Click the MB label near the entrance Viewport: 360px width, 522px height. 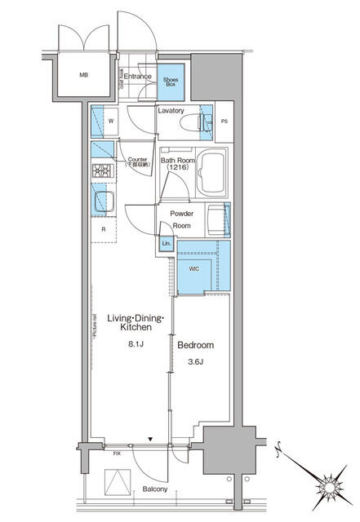coord(82,76)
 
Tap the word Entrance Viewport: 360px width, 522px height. coord(137,77)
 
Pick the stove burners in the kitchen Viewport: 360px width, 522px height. coord(101,170)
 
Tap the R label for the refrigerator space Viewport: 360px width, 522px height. coord(103,229)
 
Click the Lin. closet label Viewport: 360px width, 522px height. coord(166,243)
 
